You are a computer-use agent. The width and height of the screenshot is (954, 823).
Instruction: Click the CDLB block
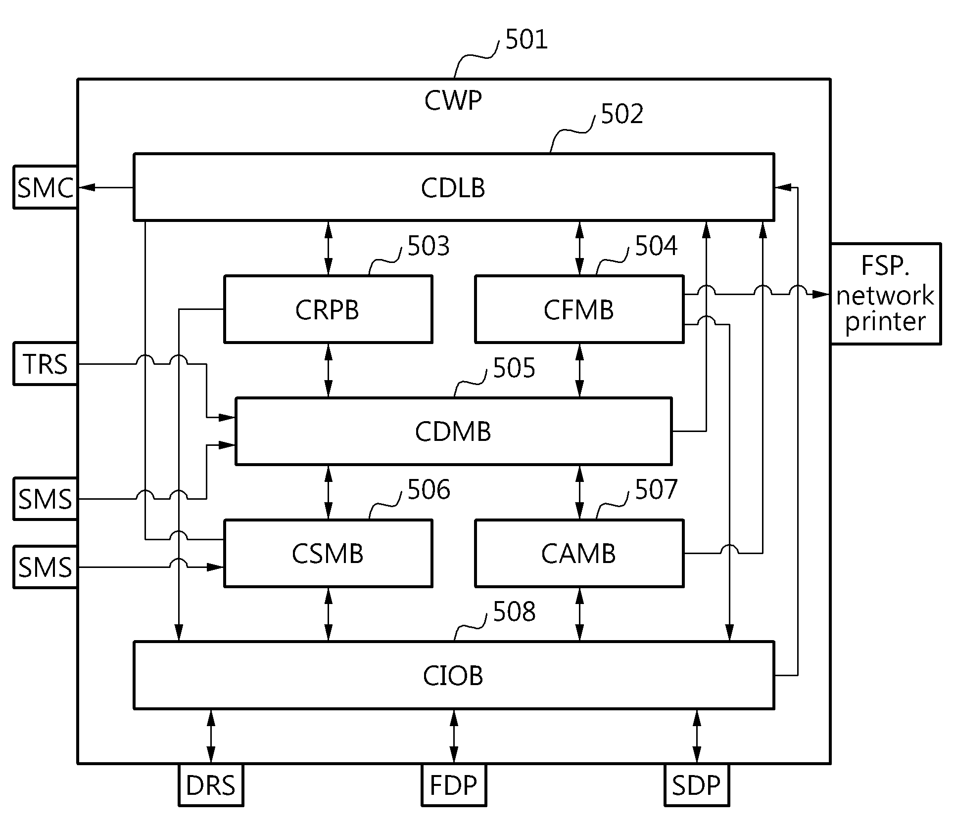tap(454, 187)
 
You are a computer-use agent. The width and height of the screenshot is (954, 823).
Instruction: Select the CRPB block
tap(328, 309)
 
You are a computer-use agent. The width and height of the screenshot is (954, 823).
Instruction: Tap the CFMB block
tap(579, 309)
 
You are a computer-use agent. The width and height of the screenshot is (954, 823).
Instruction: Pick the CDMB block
tap(453, 431)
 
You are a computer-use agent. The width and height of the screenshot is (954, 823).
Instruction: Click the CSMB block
tap(328, 553)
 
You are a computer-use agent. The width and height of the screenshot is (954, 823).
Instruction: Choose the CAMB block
tap(579, 553)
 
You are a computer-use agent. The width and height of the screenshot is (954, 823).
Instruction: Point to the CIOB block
tap(454, 675)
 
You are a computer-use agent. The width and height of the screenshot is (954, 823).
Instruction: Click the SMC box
tap(45, 187)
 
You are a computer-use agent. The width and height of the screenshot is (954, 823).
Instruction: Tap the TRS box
tap(45, 364)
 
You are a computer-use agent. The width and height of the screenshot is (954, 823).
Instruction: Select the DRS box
tap(211, 785)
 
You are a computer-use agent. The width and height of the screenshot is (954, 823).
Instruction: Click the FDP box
tap(454, 785)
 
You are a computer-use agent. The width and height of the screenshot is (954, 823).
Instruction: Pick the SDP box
tap(696, 785)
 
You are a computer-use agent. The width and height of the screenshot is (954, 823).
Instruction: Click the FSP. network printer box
tap(885, 294)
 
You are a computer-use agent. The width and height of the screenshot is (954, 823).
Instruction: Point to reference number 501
tap(526, 40)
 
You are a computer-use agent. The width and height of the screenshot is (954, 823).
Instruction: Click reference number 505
tap(514, 368)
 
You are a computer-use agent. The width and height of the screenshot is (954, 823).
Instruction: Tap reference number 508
tap(514, 612)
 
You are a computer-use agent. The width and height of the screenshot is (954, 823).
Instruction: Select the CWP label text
tap(453, 101)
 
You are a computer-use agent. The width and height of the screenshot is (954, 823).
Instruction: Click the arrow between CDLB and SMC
tap(106, 187)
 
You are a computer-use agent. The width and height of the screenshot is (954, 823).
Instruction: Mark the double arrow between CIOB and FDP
tap(454, 736)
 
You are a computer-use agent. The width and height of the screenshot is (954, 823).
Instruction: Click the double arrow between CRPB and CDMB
tap(328, 370)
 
